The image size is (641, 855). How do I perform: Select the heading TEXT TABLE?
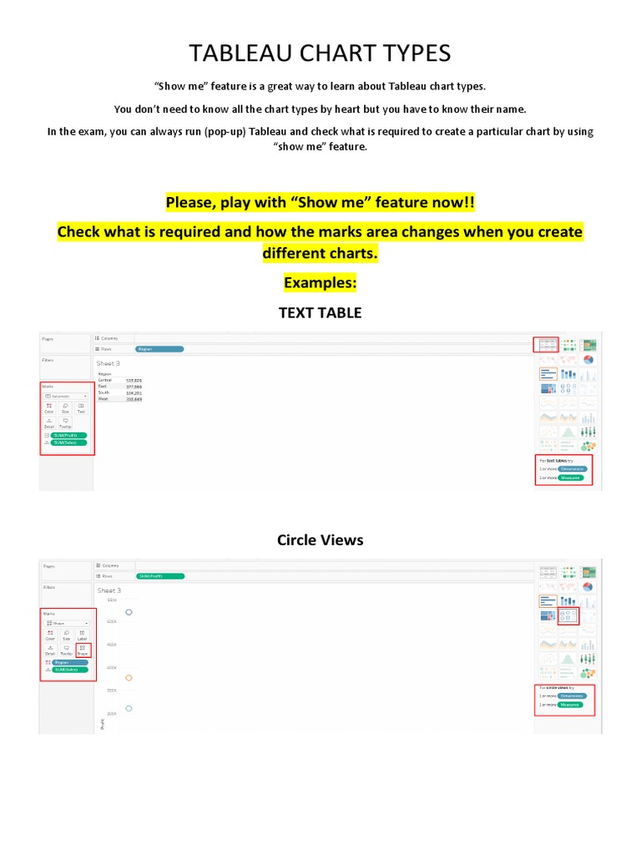[320, 313]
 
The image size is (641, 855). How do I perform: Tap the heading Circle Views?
[320, 540]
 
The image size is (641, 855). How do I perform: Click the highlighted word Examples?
[320, 283]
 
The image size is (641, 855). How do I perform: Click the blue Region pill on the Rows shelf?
[159, 348]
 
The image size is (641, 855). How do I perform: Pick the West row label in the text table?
[103, 399]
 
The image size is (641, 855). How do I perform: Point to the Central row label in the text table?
[105, 380]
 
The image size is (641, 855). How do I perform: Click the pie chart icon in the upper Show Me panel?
[588, 360]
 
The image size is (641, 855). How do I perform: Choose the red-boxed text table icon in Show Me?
[546, 344]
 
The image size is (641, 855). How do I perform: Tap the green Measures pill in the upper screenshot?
[572, 478]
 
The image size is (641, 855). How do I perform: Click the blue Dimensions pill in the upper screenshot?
[573, 468]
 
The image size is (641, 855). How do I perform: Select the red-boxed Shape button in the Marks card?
[82, 649]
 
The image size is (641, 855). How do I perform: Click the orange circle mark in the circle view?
[129, 677]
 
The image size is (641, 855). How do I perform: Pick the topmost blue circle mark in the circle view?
[129, 612]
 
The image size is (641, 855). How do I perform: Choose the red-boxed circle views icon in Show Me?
[568, 616]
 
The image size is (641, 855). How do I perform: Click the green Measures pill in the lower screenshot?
[572, 705]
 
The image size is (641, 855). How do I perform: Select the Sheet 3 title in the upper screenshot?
[109, 363]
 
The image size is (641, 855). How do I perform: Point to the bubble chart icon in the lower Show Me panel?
[588, 672]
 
